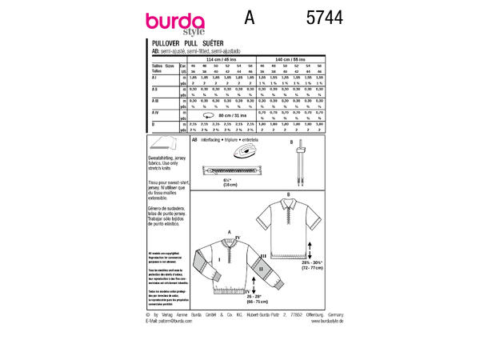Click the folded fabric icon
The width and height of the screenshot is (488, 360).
[x=164, y=145]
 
